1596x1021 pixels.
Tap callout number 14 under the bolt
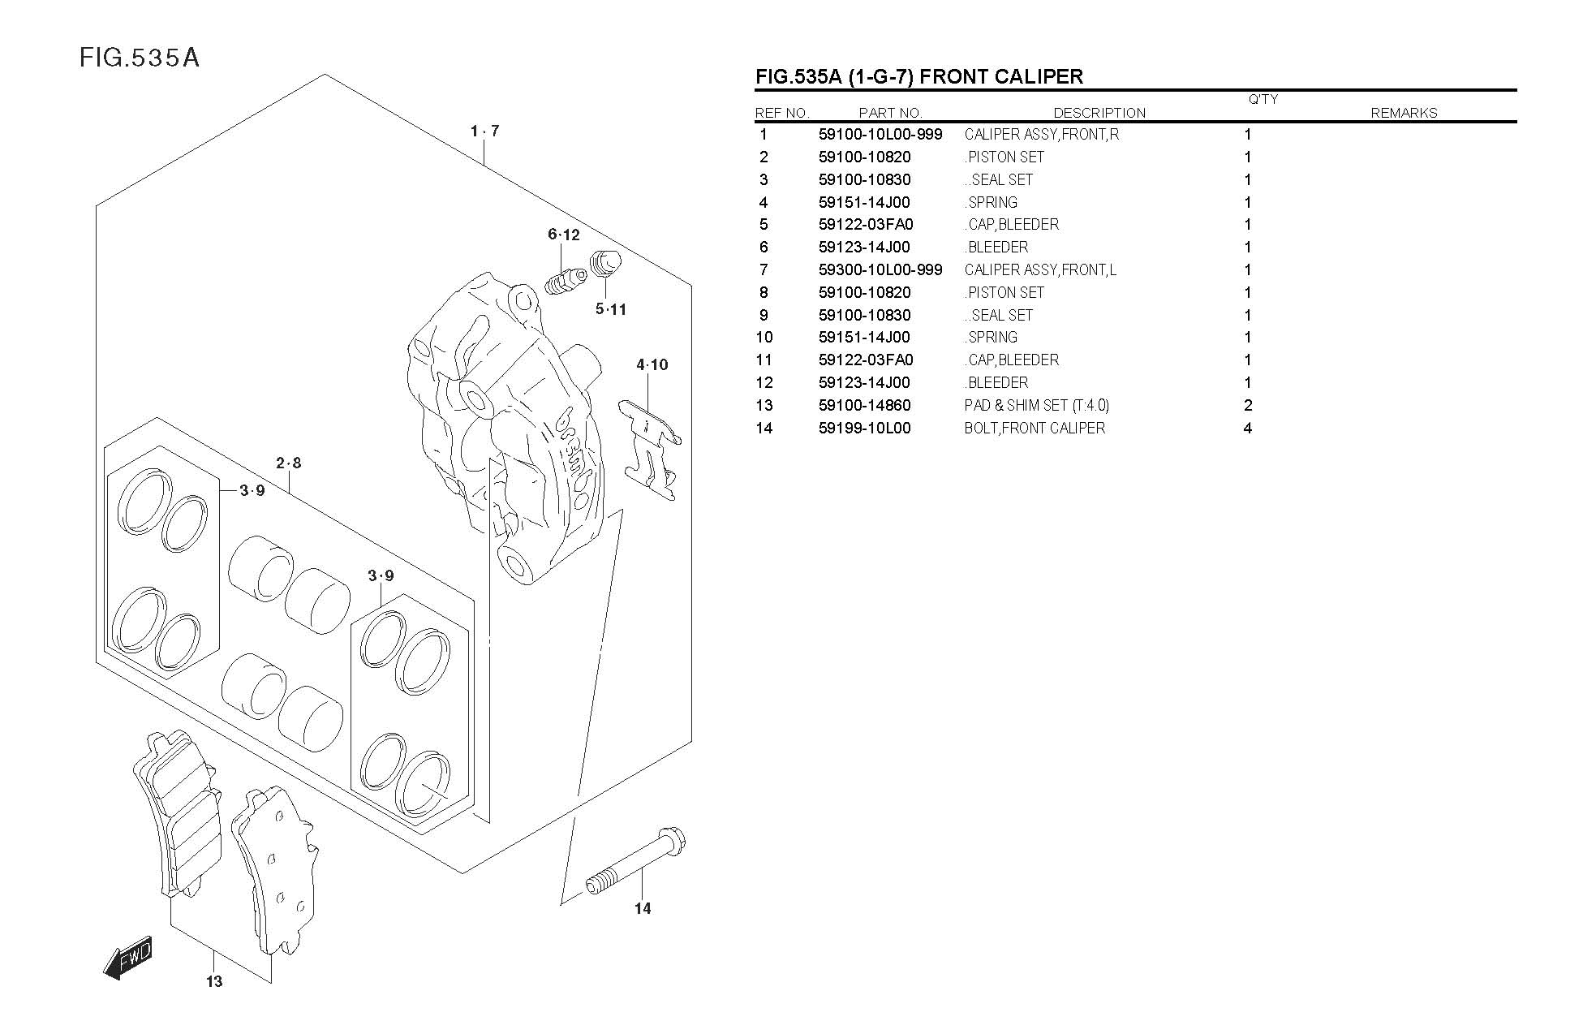pos(643,908)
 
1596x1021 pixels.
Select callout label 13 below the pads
pos(213,982)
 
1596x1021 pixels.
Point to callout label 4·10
pos(652,365)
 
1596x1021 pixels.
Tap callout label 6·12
pos(564,235)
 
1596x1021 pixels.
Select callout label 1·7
pos(484,131)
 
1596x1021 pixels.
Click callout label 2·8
pos(288,463)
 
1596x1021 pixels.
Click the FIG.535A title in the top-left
pos(140,58)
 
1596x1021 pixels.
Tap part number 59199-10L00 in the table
pos(864,428)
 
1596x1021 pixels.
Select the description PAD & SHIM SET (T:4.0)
pos(1036,405)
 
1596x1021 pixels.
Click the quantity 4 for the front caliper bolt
pos(1248,428)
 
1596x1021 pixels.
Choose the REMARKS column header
pos(1404,113)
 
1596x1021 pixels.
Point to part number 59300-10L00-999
pos(880,269)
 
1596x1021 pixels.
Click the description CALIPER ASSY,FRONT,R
pos(1042,134)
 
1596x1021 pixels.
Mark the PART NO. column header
pos(890,113)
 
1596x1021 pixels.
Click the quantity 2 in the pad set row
pos(1248,405)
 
